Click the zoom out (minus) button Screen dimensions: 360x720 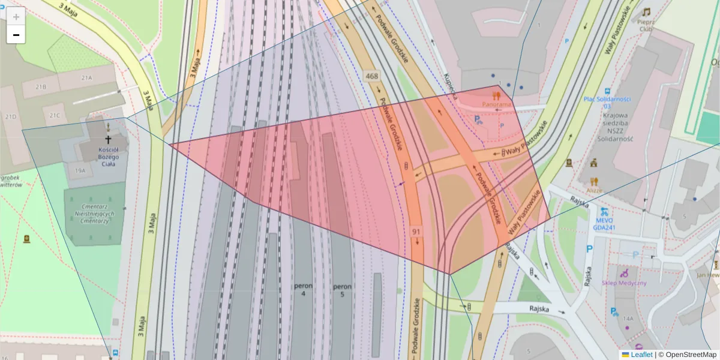pyautogui.click(x=16, y=35)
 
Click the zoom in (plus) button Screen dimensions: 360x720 pyautogui.click(x=16, y=16)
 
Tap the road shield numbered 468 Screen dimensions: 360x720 pyautogui.click(x=371, y=76)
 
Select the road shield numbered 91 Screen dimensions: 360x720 pyautogui.click(x=416, y=231)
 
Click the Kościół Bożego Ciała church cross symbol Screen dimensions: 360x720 pyautogui.click(x=108, y=139)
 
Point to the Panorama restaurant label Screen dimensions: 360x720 pyautogui.click(x=497, y=104)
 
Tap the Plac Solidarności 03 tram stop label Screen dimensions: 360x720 pyautogui.click(x=607, y=102)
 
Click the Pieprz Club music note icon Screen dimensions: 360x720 pyautogui.click(x=646, y=13)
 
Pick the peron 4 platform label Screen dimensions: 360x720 pyautogui.click(x=303, y=290)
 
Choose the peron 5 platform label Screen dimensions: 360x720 pyautogui.click(x=342, y=290)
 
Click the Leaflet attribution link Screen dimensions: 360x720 pyautogui.click(x=641, y=355)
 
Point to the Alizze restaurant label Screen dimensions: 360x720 pyautogui.click(x=594, y=190)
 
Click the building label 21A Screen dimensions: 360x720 pyautogui.click(x=87, y=77)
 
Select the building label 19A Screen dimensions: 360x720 pyautogui.click(x=80, y=170)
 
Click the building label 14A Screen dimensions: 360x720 pyautogui.click(x=628, y=318)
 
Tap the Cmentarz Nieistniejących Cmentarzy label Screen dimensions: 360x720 pyautogui.click(x=95, y=213)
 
